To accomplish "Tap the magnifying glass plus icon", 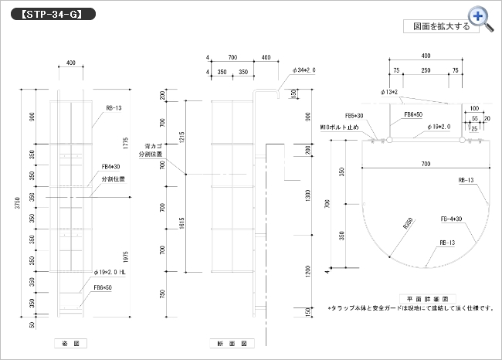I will [479, 16].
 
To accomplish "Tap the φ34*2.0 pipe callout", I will [304, 70].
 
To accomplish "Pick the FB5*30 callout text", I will [354, 115].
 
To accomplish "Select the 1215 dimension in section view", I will [181, 136].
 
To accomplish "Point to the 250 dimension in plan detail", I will [426, 70].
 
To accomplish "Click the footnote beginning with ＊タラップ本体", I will [410, 307].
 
